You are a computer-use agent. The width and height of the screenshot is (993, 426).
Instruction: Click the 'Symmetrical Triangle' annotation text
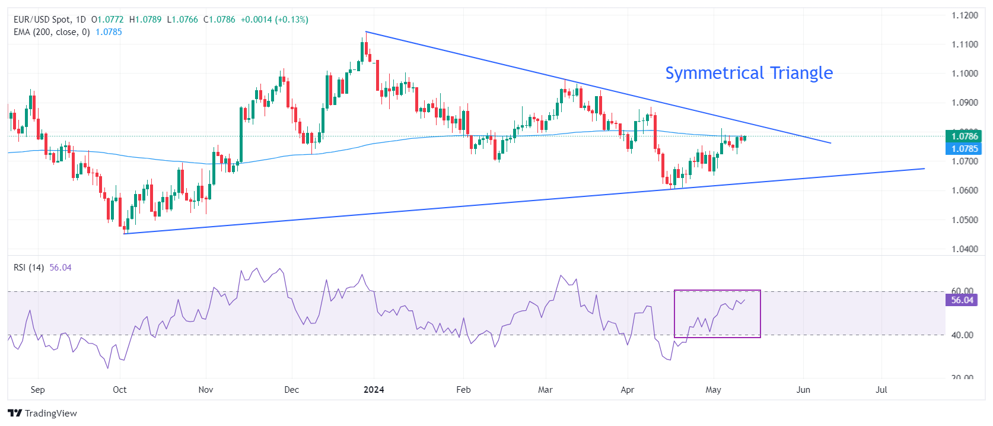coord(749,73)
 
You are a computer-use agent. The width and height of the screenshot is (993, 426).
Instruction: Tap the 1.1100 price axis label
coord(965,44)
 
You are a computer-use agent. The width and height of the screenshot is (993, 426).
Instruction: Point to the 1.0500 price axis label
coord(965,220)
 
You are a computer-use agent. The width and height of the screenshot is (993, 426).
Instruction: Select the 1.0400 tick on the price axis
coord(965,249)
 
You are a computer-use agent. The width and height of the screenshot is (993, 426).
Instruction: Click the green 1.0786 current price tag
coord(965,136)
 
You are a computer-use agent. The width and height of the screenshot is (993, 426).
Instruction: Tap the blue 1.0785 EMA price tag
coord(965,149)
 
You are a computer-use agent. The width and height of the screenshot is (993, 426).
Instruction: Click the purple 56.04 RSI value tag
coord(962,300)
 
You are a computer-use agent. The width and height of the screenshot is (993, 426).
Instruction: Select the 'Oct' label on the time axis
coord(120,390)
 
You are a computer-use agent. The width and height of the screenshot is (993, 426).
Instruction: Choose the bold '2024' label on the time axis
coord(374,390)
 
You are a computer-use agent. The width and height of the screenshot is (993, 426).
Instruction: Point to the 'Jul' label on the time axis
coord(881,390)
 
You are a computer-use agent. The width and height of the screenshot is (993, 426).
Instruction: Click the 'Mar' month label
coord(545,390)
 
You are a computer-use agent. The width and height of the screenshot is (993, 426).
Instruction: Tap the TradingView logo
coord(43,413)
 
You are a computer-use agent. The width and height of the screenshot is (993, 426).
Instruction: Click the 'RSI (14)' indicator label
coord(28,268)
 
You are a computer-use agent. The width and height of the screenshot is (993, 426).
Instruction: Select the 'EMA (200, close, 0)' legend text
coord(52,32)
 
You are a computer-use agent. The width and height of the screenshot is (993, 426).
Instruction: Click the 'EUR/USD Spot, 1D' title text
coord(49,20)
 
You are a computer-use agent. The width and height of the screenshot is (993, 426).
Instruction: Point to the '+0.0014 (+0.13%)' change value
coord(274,20)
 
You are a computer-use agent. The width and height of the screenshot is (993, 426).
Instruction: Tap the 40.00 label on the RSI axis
coord(962,335)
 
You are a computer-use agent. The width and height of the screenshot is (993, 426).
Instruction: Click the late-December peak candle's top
coord(366,33)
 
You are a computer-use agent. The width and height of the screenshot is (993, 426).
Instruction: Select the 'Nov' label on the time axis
coord(206,390)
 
